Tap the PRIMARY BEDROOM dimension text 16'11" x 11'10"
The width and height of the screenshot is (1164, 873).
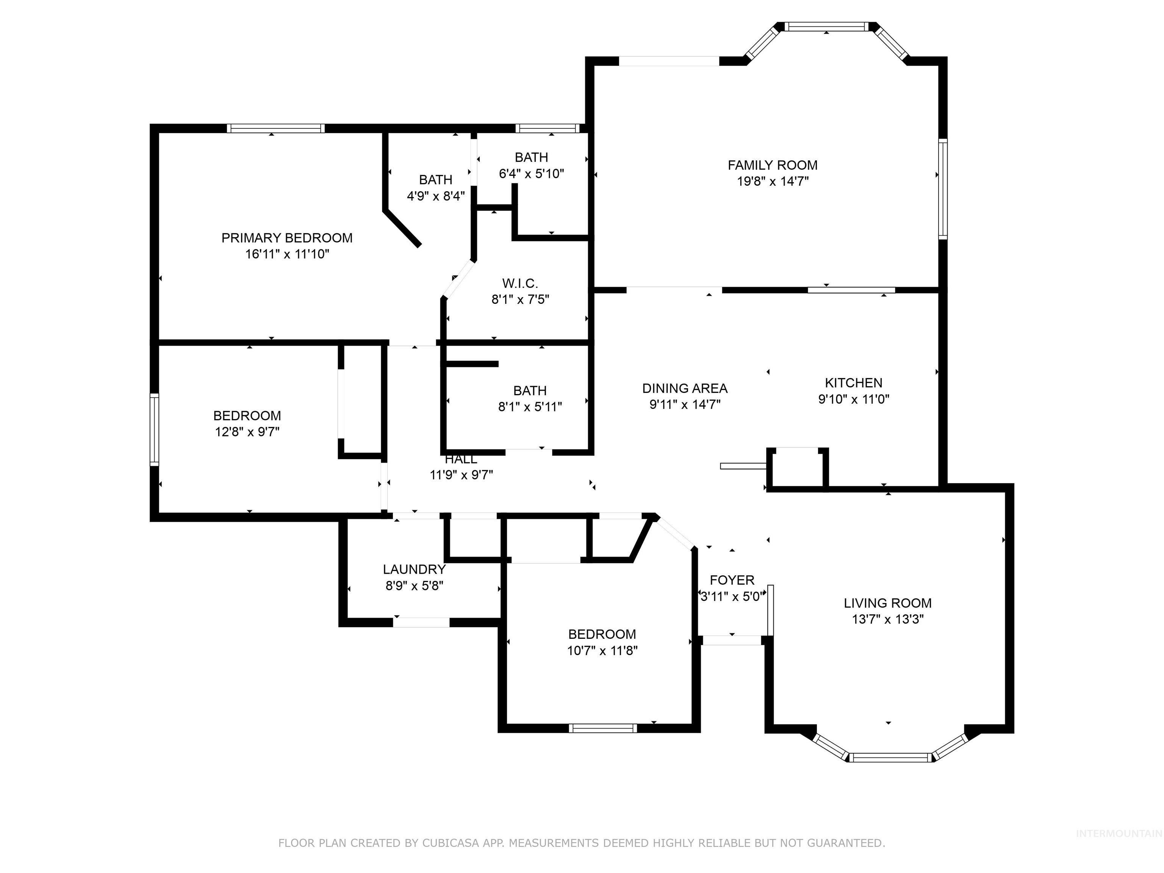tap(287, 254)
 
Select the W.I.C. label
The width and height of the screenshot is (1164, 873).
tap(520, 284)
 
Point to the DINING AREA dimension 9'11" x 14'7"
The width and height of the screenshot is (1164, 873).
tap(685, 404)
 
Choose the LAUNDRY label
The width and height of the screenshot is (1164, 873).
tap(414, 569)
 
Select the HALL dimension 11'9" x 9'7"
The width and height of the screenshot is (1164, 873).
tap(461, 475)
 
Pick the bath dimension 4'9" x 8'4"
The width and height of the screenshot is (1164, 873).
tap(436, 196)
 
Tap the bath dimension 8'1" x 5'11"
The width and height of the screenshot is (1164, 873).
tap(530, 407)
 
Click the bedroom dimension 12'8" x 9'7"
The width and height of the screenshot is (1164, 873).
tap(247, 432)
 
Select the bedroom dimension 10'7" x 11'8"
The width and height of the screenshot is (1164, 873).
tap(602, 651)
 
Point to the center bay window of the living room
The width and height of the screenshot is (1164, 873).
tap(890, 757)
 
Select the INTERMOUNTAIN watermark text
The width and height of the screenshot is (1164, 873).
tap(1118, 834)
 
